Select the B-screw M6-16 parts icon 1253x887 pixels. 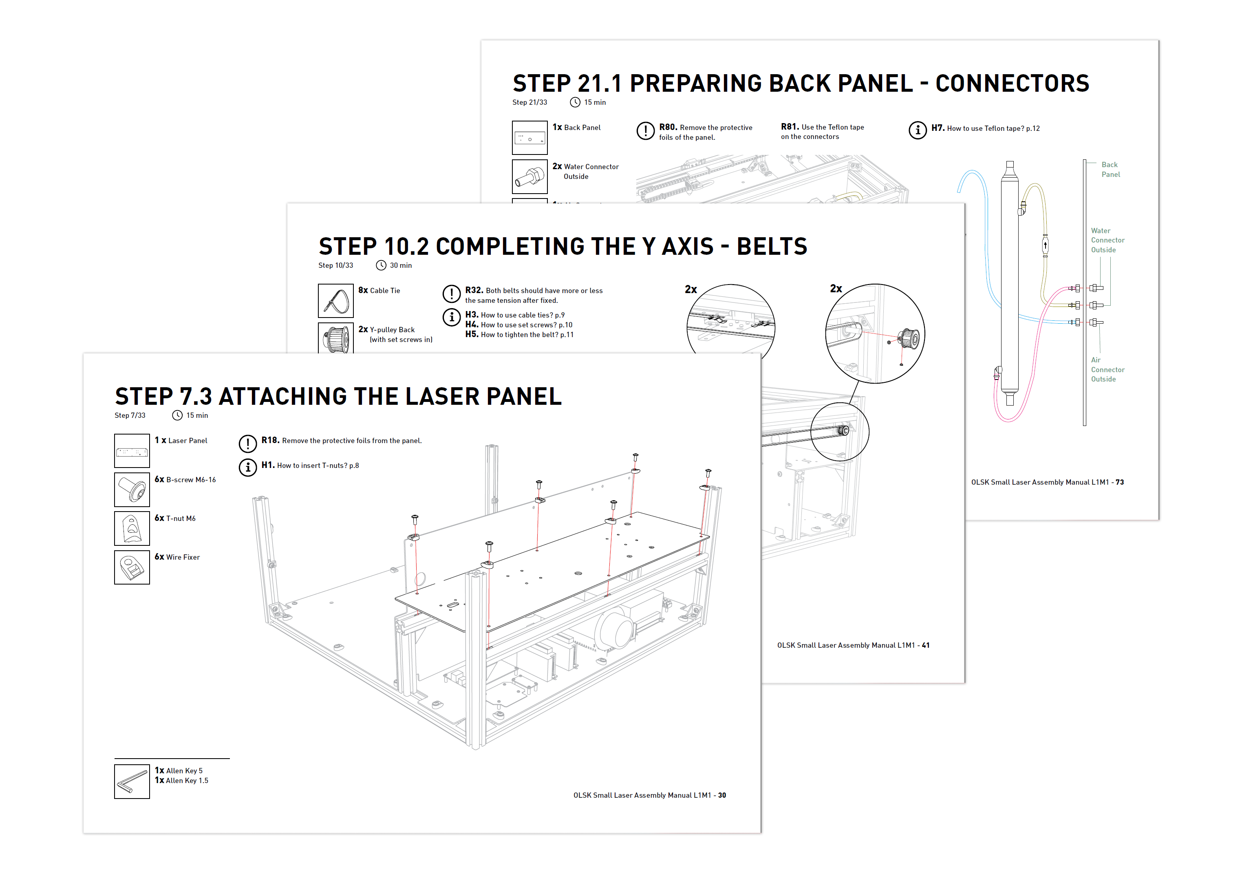coord(132,490)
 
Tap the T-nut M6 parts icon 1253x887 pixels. coord(132,528)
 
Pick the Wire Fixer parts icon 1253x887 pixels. coord(132,567)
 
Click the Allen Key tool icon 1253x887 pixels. coord(132,781)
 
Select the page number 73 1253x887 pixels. coord(1119,482)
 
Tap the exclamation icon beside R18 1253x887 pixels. coord(247,443)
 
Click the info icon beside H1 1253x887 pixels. coord(247,467)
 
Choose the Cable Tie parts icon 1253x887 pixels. coord(335,301)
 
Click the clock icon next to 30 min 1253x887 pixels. coord(381,265)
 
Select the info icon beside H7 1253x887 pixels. coord(917,130)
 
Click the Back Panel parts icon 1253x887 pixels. coord(529,138)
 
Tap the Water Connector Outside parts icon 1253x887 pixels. coord(529,177)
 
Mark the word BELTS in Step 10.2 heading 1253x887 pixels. coord(771,247)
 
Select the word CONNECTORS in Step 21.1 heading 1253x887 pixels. coord(1012,84)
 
